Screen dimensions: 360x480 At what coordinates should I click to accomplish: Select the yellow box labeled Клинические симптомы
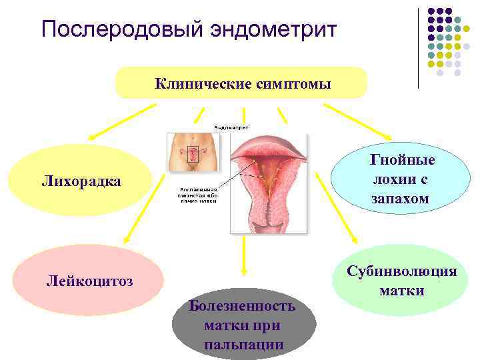tap(241, 83)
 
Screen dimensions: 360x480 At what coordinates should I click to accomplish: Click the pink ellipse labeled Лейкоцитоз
tap(89, 281)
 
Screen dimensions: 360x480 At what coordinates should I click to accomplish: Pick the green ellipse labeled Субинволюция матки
tap(401, 281)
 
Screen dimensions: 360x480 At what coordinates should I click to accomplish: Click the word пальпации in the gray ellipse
tap(244, 345)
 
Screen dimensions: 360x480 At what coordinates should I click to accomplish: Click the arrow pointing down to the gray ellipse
tap(244, 253)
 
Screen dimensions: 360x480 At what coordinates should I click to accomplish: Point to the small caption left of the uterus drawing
tap(197, 195)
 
